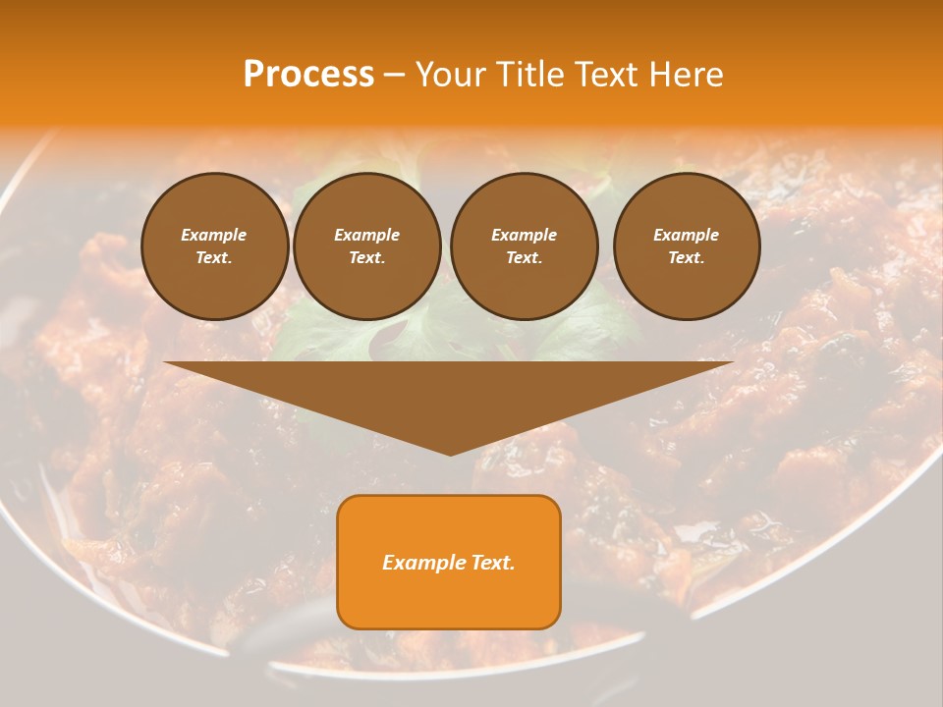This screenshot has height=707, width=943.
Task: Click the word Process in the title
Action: [x=308, y=75]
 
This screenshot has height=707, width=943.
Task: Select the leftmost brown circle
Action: [x=214, y=245]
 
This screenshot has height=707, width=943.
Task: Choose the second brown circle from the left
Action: [x=366, y=245]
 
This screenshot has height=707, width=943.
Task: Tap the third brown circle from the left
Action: [x=524, y=245]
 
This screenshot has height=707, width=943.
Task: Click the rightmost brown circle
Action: [x=686, y=245]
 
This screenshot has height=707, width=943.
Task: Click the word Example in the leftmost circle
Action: [x=213, y=235]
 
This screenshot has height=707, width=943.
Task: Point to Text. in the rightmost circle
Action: [x=686, y=257]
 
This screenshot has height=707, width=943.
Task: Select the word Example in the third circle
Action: [x=524, y=235]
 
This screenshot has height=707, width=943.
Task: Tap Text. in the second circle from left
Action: [x=366, y=257]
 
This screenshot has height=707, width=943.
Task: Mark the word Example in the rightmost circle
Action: [x=686, y=235]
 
